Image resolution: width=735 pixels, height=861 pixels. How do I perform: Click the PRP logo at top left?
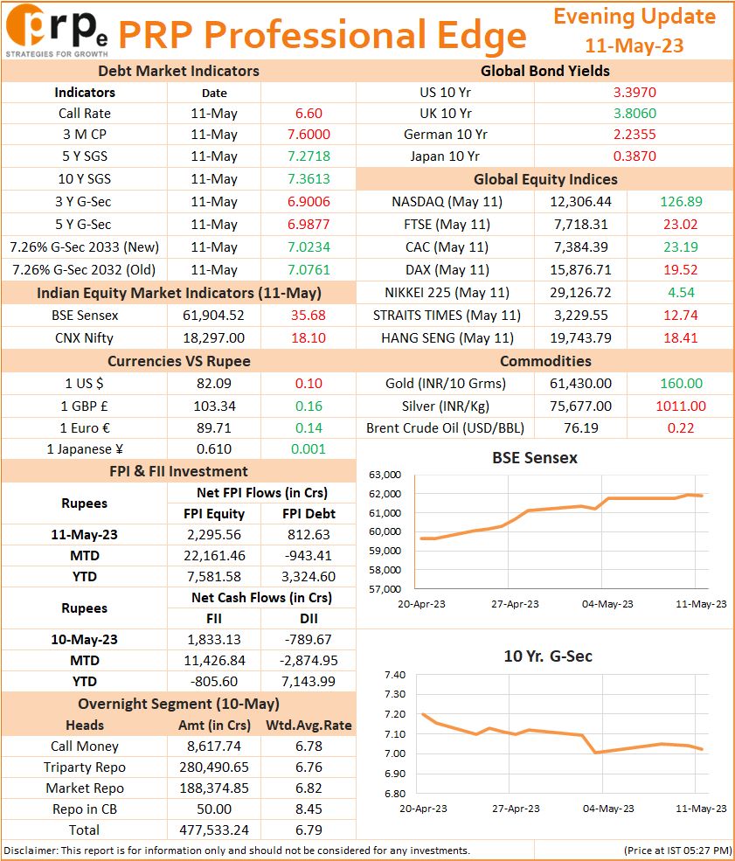tap(57, 31)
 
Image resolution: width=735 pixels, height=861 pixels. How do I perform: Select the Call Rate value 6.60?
tap(309, 113)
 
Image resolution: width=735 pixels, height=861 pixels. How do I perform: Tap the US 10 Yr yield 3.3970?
tap(634, 93)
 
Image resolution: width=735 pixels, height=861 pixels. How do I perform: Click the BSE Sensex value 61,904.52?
tap(213, 316)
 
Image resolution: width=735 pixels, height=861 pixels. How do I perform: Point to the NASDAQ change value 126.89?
tap(681, 202)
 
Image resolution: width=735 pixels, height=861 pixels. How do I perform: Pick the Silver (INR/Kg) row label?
tap(445, 406)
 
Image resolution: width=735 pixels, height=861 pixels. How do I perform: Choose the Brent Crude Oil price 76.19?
tap(581, 427)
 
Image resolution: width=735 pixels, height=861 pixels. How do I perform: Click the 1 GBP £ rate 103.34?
tap(214, 406)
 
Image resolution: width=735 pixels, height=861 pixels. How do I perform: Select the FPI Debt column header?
tap(309, 513)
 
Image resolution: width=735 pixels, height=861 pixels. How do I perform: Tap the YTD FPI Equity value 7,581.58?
tap(213, 577)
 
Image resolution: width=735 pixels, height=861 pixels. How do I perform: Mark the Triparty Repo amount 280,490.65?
tap(213, 767)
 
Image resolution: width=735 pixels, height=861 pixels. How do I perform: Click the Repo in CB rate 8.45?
tap(309, 809)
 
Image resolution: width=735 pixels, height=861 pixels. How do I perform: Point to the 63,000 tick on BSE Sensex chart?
tap(385, 475)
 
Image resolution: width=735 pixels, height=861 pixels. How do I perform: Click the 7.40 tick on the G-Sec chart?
tap(395, 675)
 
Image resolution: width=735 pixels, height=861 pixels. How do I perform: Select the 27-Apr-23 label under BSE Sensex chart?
tap(515, 604)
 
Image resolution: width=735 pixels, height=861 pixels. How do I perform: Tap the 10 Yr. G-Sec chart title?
tap(548, 656)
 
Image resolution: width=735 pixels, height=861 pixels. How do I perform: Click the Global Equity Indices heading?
tap(545, 179)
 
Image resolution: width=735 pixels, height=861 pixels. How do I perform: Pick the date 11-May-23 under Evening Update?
tap(634, 45)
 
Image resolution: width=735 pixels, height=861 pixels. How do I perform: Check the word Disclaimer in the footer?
tap(31, 851)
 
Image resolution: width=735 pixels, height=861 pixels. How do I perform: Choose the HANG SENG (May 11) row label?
tap(447, 337)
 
